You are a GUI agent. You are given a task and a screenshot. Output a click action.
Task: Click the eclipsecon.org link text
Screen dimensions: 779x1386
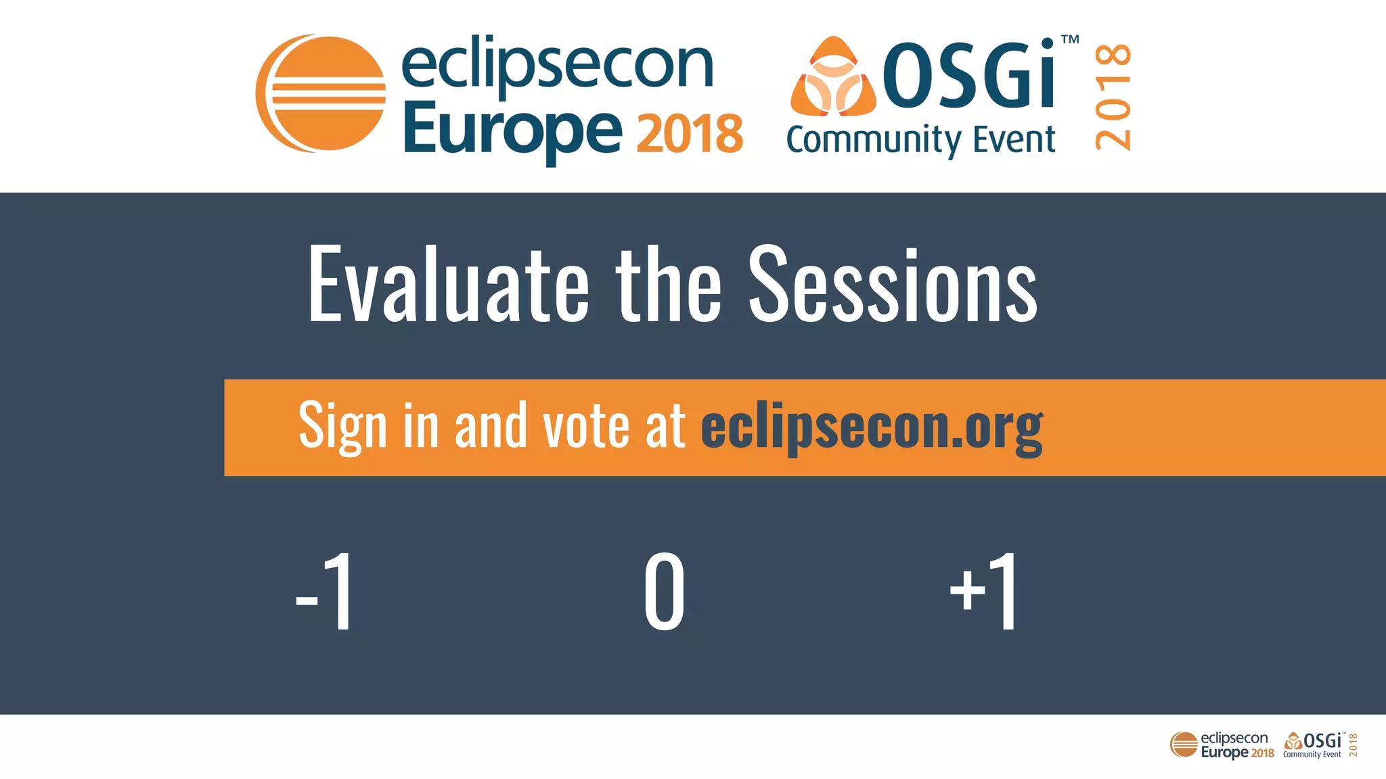[x=872, y=427]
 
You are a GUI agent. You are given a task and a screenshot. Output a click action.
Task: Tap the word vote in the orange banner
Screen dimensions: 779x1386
[x=586, y=426]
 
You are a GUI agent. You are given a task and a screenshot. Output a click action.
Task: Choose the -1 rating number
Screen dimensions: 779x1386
[x=326, y=591]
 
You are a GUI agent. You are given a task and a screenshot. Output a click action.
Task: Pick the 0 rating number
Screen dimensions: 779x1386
[x=664, y=591]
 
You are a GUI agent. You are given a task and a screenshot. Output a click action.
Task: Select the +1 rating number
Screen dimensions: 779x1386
[x=983, y=591]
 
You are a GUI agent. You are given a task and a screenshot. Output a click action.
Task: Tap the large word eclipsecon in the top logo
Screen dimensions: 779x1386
[x=558, y=66]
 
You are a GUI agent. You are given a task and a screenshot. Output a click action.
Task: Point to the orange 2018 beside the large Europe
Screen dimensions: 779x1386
[x=690, y=134]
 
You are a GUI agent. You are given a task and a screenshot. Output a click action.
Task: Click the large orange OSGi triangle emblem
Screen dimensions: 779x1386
[x=833, y=77]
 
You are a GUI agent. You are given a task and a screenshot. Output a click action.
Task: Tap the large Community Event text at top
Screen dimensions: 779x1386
[x=920, y=141]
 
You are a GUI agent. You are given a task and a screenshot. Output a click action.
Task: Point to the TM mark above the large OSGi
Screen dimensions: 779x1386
[x=1070, y=40]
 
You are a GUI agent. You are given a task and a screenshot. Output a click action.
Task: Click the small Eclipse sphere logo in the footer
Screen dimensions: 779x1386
[x=1184, y=745]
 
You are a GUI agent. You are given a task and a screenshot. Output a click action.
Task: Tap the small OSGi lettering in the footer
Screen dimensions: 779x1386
[x=1322, y=740]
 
